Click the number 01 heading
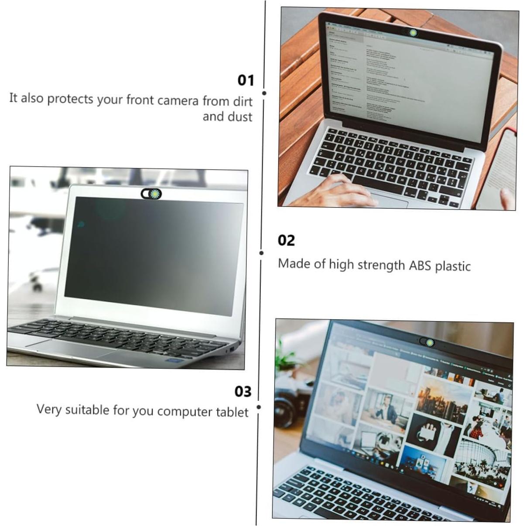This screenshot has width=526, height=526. click(246, 80)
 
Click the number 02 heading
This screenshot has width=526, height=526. click(286, 240)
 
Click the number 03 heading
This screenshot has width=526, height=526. click(243, 391)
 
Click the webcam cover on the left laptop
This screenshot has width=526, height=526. click(151, 193)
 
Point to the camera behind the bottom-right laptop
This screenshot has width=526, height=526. click(290, 399)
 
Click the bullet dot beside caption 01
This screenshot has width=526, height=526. click(264, 93)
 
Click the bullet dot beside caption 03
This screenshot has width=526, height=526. click(259, 407)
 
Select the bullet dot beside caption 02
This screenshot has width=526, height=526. click(261, 253)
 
